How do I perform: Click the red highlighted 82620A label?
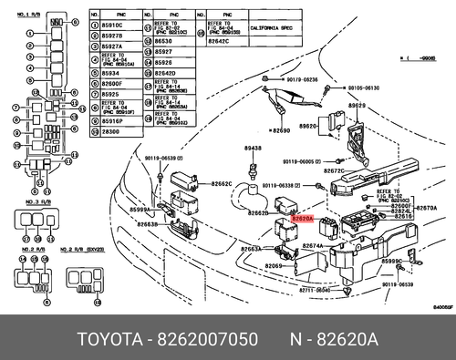point(302,220)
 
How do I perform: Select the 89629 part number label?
point(357,106)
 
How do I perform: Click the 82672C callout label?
point(333,170)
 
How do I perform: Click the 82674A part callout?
point(314,246)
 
